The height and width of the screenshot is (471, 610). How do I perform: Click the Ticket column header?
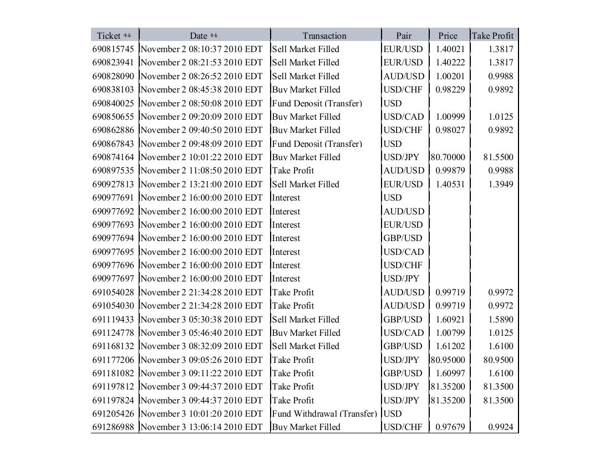[x=109, y=35]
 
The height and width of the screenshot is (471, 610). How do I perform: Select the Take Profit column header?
[x=492, y=35]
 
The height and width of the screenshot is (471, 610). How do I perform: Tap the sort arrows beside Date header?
[x=215, y=35]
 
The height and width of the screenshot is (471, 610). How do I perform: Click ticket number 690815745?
[x=113, y=49]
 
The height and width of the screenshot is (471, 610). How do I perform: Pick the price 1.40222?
[x=450, y=63]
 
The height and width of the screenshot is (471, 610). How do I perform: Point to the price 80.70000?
[x=448, y=157]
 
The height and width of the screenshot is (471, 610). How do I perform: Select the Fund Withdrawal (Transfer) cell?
[x=324, y=414]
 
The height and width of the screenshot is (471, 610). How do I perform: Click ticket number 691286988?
[x=113, y=427]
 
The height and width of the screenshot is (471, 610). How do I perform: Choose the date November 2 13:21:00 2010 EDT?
[x=201, y=184]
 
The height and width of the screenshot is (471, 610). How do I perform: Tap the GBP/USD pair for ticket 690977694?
[x=403, y=238]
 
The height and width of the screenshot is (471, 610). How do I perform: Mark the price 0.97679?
[x=450, y=427]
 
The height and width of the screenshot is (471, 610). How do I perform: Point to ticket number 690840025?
[x=113, y=103]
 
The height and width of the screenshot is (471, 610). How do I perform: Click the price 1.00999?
[x=450, y=116]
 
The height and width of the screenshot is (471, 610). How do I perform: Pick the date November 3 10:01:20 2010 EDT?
[x=201, y=414]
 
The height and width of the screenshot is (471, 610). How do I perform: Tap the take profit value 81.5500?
[x=498, y=157]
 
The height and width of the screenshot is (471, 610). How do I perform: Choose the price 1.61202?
[x=450, y=346]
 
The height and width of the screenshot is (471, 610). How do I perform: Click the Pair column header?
[x=404, y=35]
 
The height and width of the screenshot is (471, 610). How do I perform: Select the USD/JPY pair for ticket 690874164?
[x=401, y=157]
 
